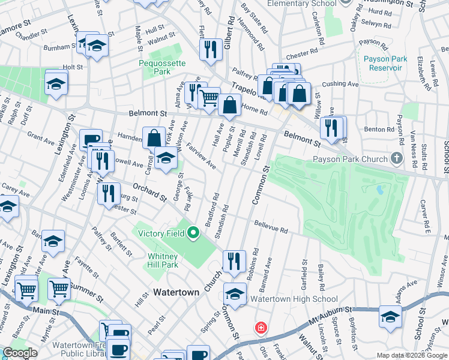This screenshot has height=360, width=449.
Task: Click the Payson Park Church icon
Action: pos(396,160)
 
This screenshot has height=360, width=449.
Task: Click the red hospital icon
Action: pos(261,328)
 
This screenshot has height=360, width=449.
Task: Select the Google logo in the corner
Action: pos(20,353)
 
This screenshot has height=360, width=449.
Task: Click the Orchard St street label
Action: pos(149,191)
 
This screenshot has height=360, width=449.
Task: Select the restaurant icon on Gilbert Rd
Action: pos(211,49)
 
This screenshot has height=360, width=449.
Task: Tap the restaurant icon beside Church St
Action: pos(234,260)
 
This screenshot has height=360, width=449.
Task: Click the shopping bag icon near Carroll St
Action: pos(154,137)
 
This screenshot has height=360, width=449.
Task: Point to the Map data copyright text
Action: pos(411,355)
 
